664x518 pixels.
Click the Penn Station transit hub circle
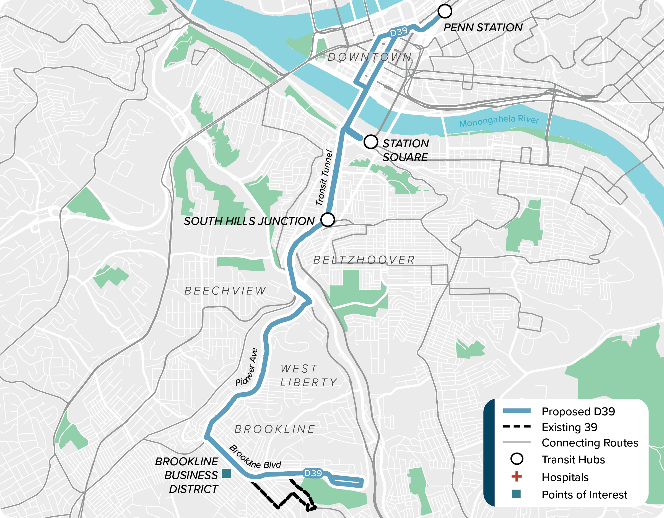[445, 11]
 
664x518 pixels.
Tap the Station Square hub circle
[371, 142]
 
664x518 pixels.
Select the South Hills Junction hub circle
[328, 220]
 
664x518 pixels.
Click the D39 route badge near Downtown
[399, 31]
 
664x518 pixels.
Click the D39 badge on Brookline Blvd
[313, 473]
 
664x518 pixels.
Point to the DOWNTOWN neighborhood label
[370, 57]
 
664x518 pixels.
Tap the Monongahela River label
[499, 120]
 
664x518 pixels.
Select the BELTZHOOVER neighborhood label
[364, 260]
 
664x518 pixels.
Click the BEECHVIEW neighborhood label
[225, 291]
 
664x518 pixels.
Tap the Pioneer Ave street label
[247, 368]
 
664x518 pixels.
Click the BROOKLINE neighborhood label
[274, 429]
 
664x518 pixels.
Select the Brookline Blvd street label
[255, 457]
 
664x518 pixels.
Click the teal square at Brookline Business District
[227, 473]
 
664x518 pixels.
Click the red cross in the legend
[516, 477]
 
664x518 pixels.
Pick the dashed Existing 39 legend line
[517, 427]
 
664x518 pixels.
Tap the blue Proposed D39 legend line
[517, 411]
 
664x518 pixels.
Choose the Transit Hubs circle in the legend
[517, 459]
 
